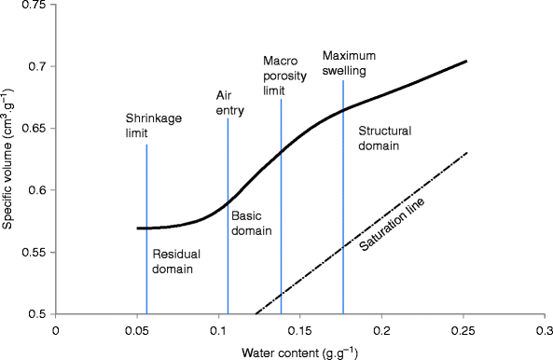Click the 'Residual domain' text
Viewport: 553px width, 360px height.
pyautogui.click(x=173, y=261)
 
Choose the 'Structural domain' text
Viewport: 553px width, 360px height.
pyautogui.click(x=380, y=139)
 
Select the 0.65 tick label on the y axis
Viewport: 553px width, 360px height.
pyautogui.click(x=35, y=129)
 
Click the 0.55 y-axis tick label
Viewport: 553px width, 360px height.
pyautogui.click(x=35, y=253)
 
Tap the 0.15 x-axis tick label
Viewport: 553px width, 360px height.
pyautogui.click(x=300, y=329)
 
